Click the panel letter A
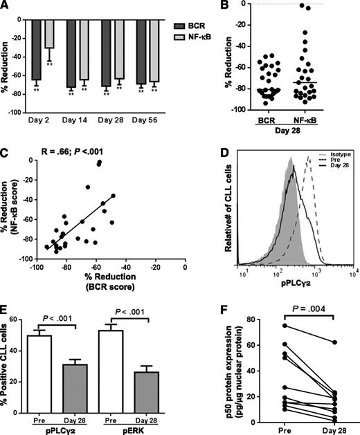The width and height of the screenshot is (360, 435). click(x=7, y=6)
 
